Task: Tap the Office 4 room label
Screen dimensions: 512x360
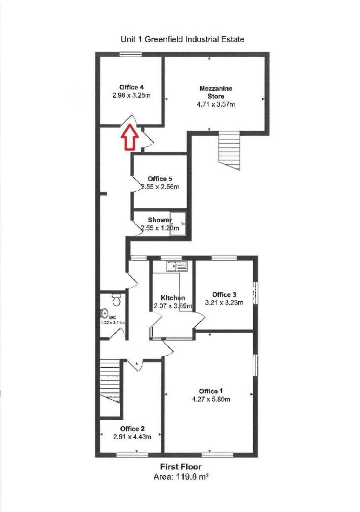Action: (x=131, y=88)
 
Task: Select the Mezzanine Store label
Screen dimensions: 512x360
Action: (x=216, y=92)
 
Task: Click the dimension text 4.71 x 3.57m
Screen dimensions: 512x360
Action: (x=216, y=104)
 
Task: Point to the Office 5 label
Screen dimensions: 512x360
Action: (x=160, y=178)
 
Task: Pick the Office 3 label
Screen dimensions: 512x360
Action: (x=224, y=294)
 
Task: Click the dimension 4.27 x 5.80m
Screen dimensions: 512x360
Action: (x=211, y=399)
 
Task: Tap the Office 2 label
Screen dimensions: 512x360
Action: (x=132, y=428)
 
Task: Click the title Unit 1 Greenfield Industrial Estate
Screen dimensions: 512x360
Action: (x=183, y=39)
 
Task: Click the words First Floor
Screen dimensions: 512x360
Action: (x=181, y=467)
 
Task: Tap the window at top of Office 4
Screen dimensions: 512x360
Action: (x=130, y=54)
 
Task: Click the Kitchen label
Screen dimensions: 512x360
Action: (x=173, y=297)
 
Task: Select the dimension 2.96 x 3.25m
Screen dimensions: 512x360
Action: (x=131, y=96)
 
